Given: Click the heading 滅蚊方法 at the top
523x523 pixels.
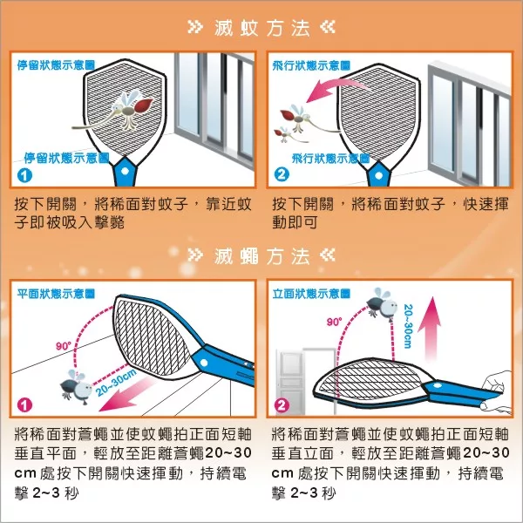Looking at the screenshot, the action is point(261,28).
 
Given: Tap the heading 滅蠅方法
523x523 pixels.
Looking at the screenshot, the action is point(261,256).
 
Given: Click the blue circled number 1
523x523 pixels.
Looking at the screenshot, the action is point(24,175).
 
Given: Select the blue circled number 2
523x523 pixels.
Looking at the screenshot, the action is point(282,174).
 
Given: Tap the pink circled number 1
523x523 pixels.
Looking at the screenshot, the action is point(24,405).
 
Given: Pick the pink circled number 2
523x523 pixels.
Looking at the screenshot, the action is point(282,405).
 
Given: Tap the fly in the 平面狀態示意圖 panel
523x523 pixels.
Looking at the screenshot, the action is point(77,387).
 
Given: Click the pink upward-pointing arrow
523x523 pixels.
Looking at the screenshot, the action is point(431,329).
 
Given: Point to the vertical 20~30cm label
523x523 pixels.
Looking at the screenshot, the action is point(408,326).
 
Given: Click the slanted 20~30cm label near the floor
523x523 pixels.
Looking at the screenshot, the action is point(117,383).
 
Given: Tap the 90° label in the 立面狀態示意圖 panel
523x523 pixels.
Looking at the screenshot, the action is point(334,322).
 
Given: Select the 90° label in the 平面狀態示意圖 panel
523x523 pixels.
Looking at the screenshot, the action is point(64,346).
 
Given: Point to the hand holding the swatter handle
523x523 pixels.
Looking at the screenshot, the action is point(498,391).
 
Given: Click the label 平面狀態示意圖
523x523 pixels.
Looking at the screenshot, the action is point(56,294).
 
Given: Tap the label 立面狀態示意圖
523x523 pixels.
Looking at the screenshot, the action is point(311,294).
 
